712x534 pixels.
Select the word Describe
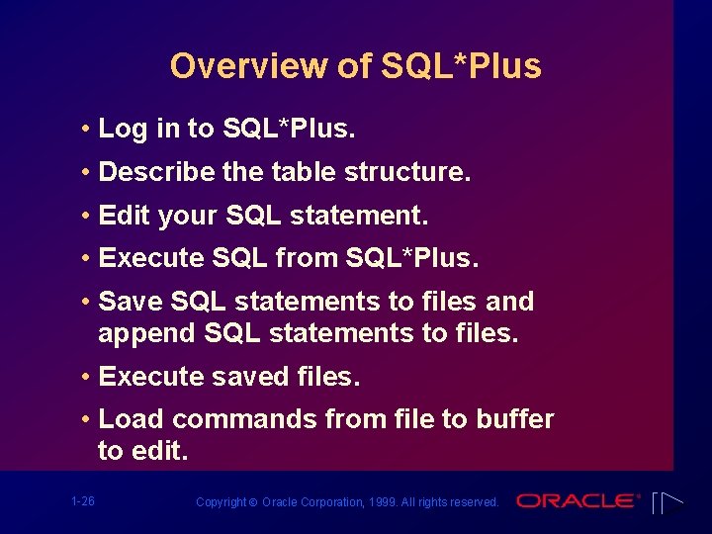click(157, 172)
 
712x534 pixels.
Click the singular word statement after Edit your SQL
click(374, 216)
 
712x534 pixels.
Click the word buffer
click(514, 419)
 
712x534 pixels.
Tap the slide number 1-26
click(83, 501)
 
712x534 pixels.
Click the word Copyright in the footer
click(222, 502)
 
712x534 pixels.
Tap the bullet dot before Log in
click(88, 130)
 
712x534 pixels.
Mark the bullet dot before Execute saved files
click(88, 378)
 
